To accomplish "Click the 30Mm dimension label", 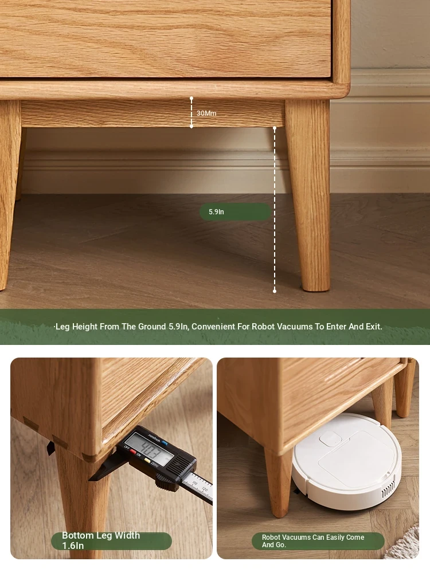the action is tap(206, 113).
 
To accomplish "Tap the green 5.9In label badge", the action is tap(235, 211).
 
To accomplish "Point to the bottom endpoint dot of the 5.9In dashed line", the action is tap(275, 291).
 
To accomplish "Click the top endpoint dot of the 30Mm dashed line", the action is tap(191, 99).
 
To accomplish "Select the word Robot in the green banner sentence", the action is tap(263, 327).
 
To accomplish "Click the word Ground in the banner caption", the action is tap(152, 327).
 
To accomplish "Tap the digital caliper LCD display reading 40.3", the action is tap(148, 449).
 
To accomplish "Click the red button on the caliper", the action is tap(133, 452).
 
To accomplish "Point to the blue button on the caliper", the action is tap(165, 444).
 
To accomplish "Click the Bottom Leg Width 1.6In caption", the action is tap(101, 540).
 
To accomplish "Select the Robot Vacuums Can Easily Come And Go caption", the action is tap(313, 541).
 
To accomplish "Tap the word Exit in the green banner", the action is tap(374, 327).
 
